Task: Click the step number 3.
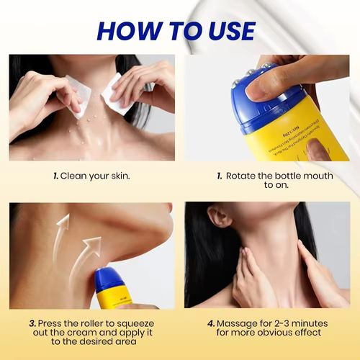(x=32, y=325)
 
